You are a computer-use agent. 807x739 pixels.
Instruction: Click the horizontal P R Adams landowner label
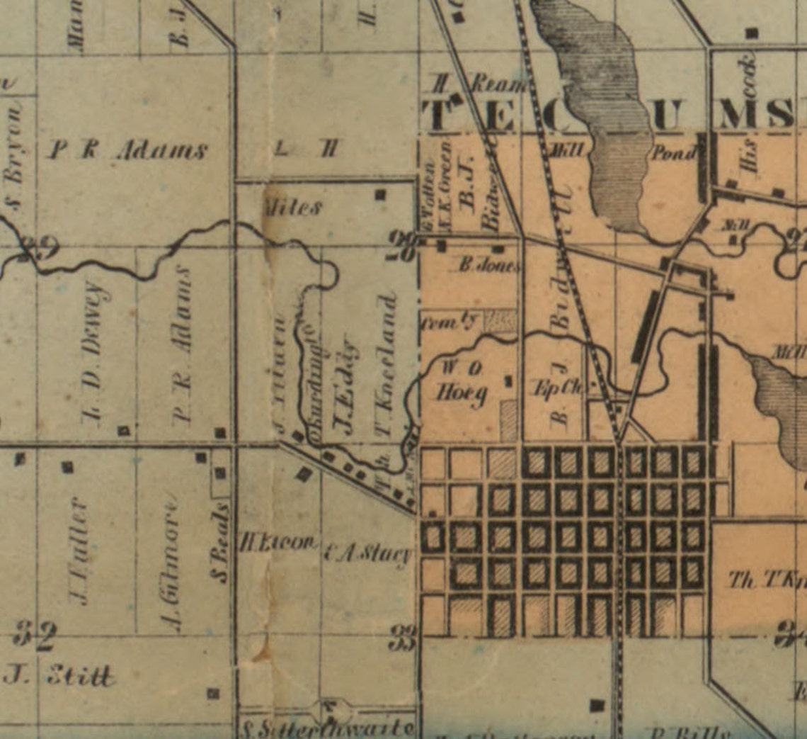click(x=127, y=150)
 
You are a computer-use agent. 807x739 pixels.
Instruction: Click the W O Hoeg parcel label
click(x=462, y=381)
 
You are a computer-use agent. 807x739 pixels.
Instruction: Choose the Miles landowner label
click(x=292, y=208)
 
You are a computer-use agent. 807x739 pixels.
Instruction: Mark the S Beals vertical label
click(x=222, y=542)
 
